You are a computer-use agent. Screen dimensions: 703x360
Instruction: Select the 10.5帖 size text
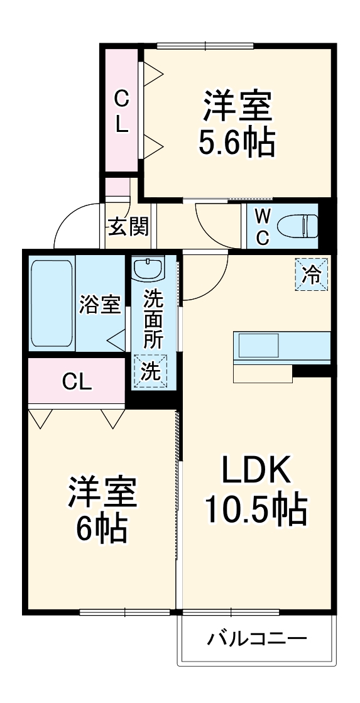point(255,510)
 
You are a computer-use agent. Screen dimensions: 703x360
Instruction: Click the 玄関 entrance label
point(129,227)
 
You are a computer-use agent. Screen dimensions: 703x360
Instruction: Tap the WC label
point(263,227)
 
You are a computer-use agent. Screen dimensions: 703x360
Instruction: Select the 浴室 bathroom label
point(100,305)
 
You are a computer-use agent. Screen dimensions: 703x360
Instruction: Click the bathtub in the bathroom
point(52,303)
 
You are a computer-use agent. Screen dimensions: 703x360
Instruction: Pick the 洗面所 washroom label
point(153,320)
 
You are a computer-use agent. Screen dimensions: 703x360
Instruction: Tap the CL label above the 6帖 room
point(77,381)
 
